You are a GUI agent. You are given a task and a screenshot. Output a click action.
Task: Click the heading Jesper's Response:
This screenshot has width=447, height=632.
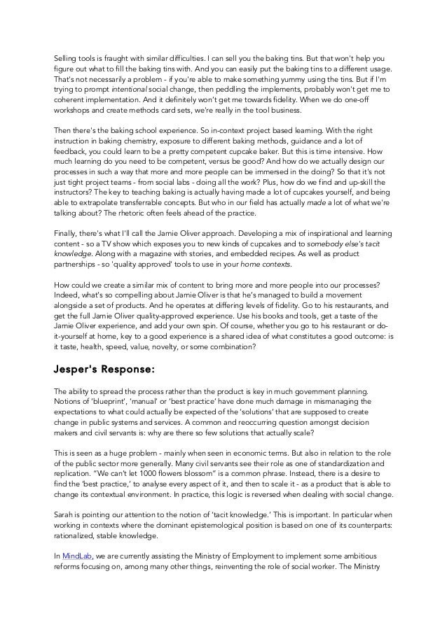[x=104, y=369]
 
